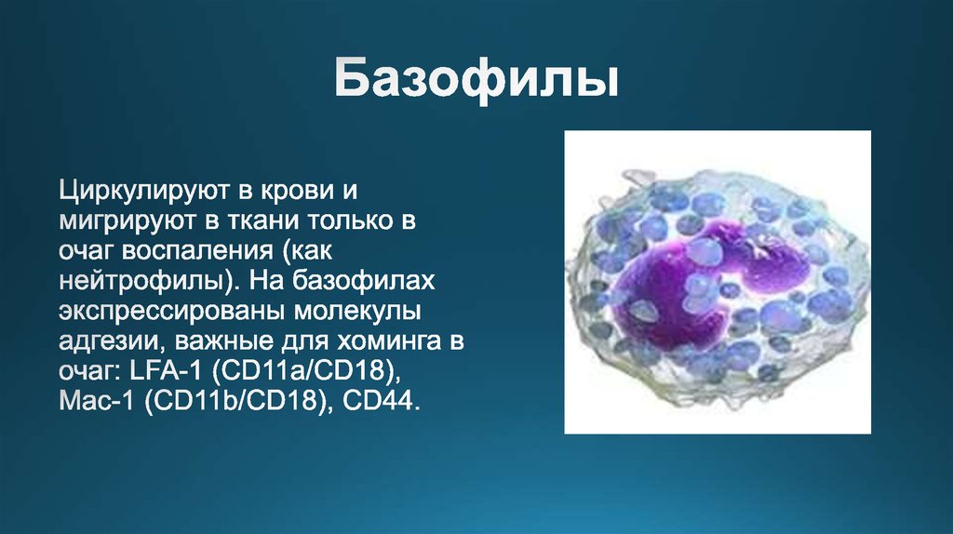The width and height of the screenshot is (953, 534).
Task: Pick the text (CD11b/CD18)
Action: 234,403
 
